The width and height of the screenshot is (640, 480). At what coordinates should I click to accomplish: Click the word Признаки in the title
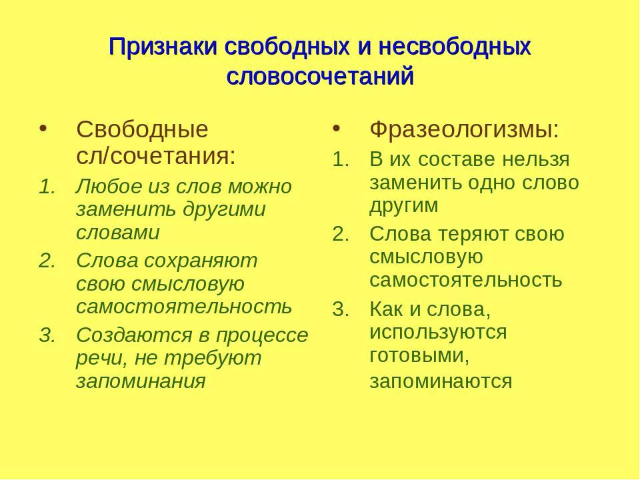pos(163,47)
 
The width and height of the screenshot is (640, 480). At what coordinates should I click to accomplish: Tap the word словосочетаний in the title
pos(321,76)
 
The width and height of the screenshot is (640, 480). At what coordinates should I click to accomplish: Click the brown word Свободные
pos(142,129)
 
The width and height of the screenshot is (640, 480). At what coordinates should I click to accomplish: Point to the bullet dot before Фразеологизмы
pos(336,129)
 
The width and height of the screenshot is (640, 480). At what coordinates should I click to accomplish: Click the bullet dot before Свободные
pos(43,129)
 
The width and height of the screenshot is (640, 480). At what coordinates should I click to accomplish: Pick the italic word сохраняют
pos(201,261)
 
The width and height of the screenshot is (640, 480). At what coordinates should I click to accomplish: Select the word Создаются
pos(134,335)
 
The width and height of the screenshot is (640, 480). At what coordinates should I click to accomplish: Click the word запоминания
pos(141,382)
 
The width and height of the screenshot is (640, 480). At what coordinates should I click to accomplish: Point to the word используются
pos(438,332)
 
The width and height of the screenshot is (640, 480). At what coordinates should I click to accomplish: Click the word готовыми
pos(419,356)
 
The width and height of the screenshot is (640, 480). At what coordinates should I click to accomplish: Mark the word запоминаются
pos(441,382)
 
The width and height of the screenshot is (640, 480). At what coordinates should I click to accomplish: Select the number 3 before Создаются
pos(47,335)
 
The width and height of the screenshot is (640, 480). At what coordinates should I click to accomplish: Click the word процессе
pos(262,336)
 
